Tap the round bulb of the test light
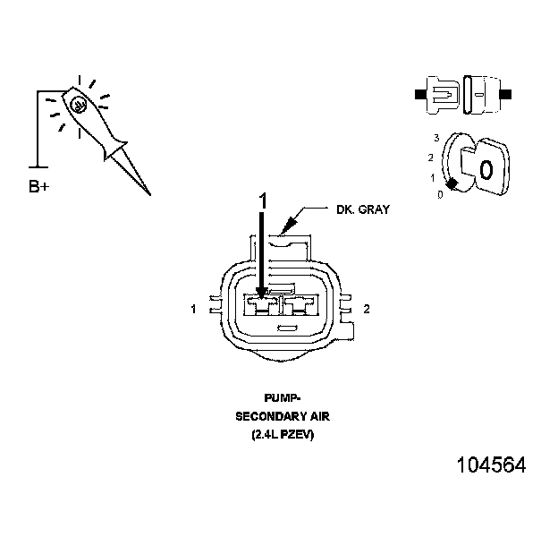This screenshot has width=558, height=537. click(80, 105)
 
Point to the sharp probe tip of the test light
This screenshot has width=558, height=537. click(148, 192)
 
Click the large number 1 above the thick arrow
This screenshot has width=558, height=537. click(262, 201)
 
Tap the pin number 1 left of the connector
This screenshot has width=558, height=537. click(193, 310)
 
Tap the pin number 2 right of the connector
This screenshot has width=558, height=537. click(367, 309)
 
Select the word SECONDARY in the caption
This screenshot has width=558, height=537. click(266, 416)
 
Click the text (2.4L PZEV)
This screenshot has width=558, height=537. click(283, 435)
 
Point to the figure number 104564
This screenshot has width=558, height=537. click(491, 465)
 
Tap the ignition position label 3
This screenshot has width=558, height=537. click(435, 138)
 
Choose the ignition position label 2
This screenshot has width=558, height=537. click(431, 158)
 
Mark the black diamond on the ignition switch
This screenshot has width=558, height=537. click(452, 183)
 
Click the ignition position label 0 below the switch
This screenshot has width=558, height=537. click(439, 194)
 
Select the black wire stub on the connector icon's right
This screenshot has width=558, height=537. click(505, 93)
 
